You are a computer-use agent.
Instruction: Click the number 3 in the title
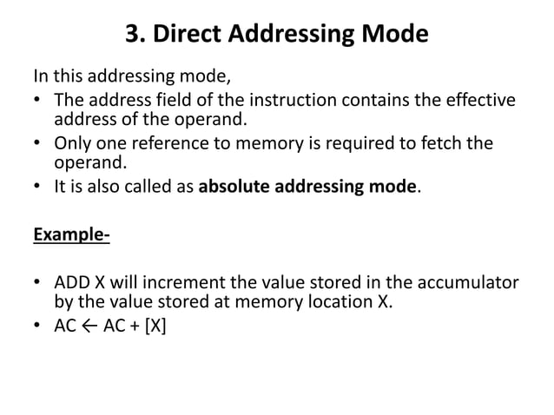coord(134,36)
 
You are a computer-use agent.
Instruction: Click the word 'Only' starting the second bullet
coord(72,142)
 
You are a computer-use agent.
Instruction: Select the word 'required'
coord(362,142)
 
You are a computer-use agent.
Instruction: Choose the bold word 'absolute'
coord(236,185)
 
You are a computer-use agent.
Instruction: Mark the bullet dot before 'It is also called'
coord(40,185)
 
